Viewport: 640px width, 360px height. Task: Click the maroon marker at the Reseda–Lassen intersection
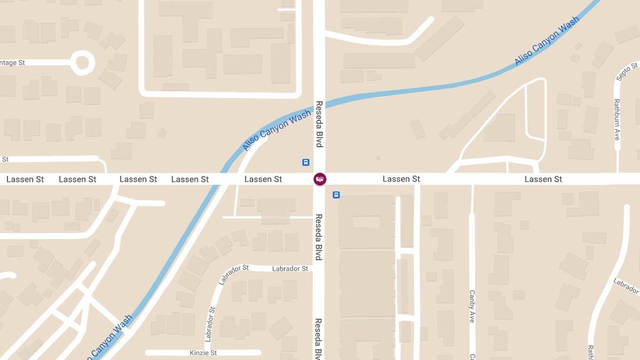pyautogui.click(x=319, y=179)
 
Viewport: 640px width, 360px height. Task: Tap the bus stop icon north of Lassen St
pyautogui.click(x=306, y=162)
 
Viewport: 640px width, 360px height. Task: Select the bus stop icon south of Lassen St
pyautogui.click(x=336, y=195)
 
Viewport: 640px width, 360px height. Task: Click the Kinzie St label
pyautogui.click(x=203, y=353)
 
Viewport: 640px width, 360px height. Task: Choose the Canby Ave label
pyautogui.click(x=472, y=306)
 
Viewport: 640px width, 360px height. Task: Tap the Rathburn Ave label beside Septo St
pyautogui.click(x=617, y=119)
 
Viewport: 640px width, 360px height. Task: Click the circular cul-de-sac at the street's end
pyautogui.click(x=82, y=62)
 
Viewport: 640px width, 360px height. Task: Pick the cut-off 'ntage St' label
pyautogui.click(x=12, y=63)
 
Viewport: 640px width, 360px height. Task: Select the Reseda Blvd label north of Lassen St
pyautogui.click(x=319, y=124)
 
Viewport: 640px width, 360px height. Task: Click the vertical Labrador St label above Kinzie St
pyautogui.click(x=211, y=324)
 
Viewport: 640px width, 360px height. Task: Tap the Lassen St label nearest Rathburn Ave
pyautogui.click(x=543, y=179)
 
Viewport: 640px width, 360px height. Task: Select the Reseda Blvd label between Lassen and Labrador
pyautogui.click(x=319, y=237)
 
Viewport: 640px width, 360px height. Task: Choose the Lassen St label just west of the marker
pyautogui.click(x=263, y=179)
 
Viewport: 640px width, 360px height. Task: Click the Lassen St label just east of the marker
pyautogui.click(x=401, y=179)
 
